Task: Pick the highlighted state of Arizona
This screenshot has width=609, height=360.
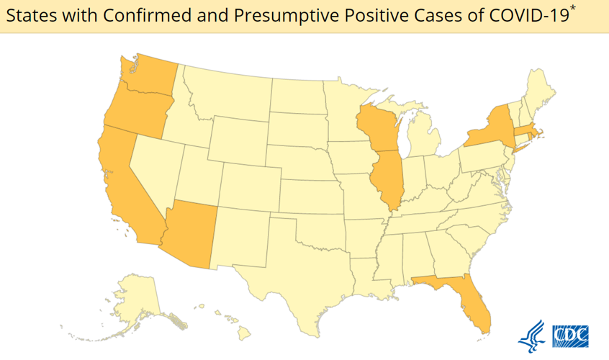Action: coord(191,230)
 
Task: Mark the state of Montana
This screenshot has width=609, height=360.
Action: coord(227,91)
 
